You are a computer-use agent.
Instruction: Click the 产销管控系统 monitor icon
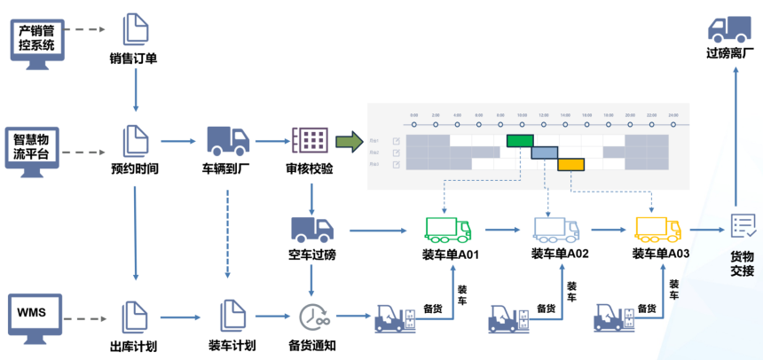pyautogui.click(x=37, y=36)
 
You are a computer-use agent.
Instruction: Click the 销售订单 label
pyautogui.click(x=134, y=60)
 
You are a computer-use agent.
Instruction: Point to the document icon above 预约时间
pyautogui.click(x=135, y=140)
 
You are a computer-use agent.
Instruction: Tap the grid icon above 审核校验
pyautogui.click(x=310, y=140)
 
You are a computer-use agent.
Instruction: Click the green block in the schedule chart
pyautogui.click(x=520, y=140)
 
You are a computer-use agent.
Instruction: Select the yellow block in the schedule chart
pyautogui.click(x=570, y=164)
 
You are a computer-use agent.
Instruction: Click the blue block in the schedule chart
pyautogui.click(x=544, y=153)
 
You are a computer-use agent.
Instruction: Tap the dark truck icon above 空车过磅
pyautogui.click(x=311, y=229)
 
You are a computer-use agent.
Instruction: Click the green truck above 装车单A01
pyautogui.click(x=449, y=229)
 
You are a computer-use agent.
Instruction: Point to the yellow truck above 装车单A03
pyautogui.click(x=659, y=229)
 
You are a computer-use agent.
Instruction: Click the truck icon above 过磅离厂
pyautogui.click(x=731, y=28)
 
